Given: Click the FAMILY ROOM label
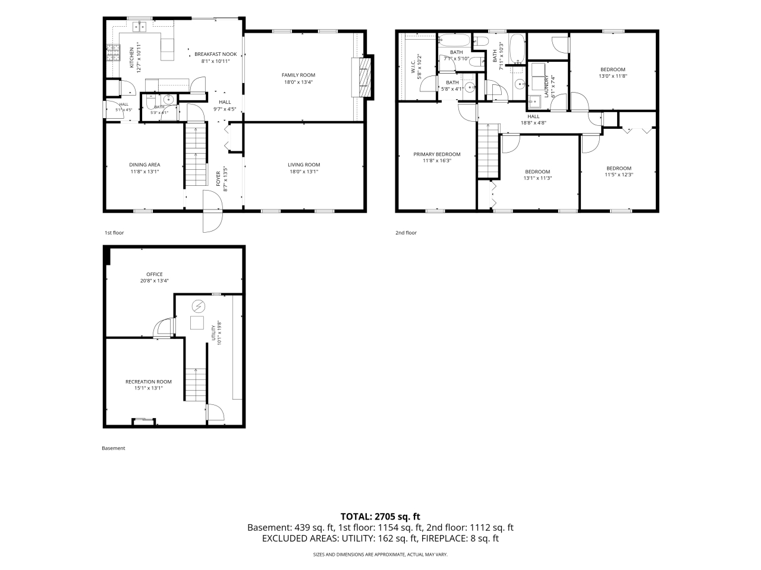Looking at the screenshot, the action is point(298,75).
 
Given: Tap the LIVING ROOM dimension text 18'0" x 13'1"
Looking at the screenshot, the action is point(304,172).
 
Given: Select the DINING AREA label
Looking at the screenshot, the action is point(144,164).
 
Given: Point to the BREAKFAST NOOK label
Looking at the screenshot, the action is point(215,54).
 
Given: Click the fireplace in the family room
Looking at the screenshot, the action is point(363,77).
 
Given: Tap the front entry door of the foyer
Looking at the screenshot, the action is point(212,211).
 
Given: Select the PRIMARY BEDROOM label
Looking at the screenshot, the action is point(437,154).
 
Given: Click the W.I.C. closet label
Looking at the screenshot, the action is point(413,66).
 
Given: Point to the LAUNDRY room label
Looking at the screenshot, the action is point(546,87).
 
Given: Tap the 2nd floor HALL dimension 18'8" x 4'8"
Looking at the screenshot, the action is point(533,122).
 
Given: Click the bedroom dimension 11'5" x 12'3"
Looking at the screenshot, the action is point(619,175).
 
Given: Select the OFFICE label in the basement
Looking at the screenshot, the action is point(154,274).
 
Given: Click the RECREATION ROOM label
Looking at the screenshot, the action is point(149,382).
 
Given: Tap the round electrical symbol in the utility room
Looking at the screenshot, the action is point(199,306).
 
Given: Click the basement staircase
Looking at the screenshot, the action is point(196,385).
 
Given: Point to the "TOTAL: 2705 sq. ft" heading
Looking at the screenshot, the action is point(380,517).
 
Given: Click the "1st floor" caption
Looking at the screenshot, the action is point(114,233).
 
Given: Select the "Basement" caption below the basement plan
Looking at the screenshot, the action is point(114,448).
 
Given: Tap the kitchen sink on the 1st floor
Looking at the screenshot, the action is point(140,26).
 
